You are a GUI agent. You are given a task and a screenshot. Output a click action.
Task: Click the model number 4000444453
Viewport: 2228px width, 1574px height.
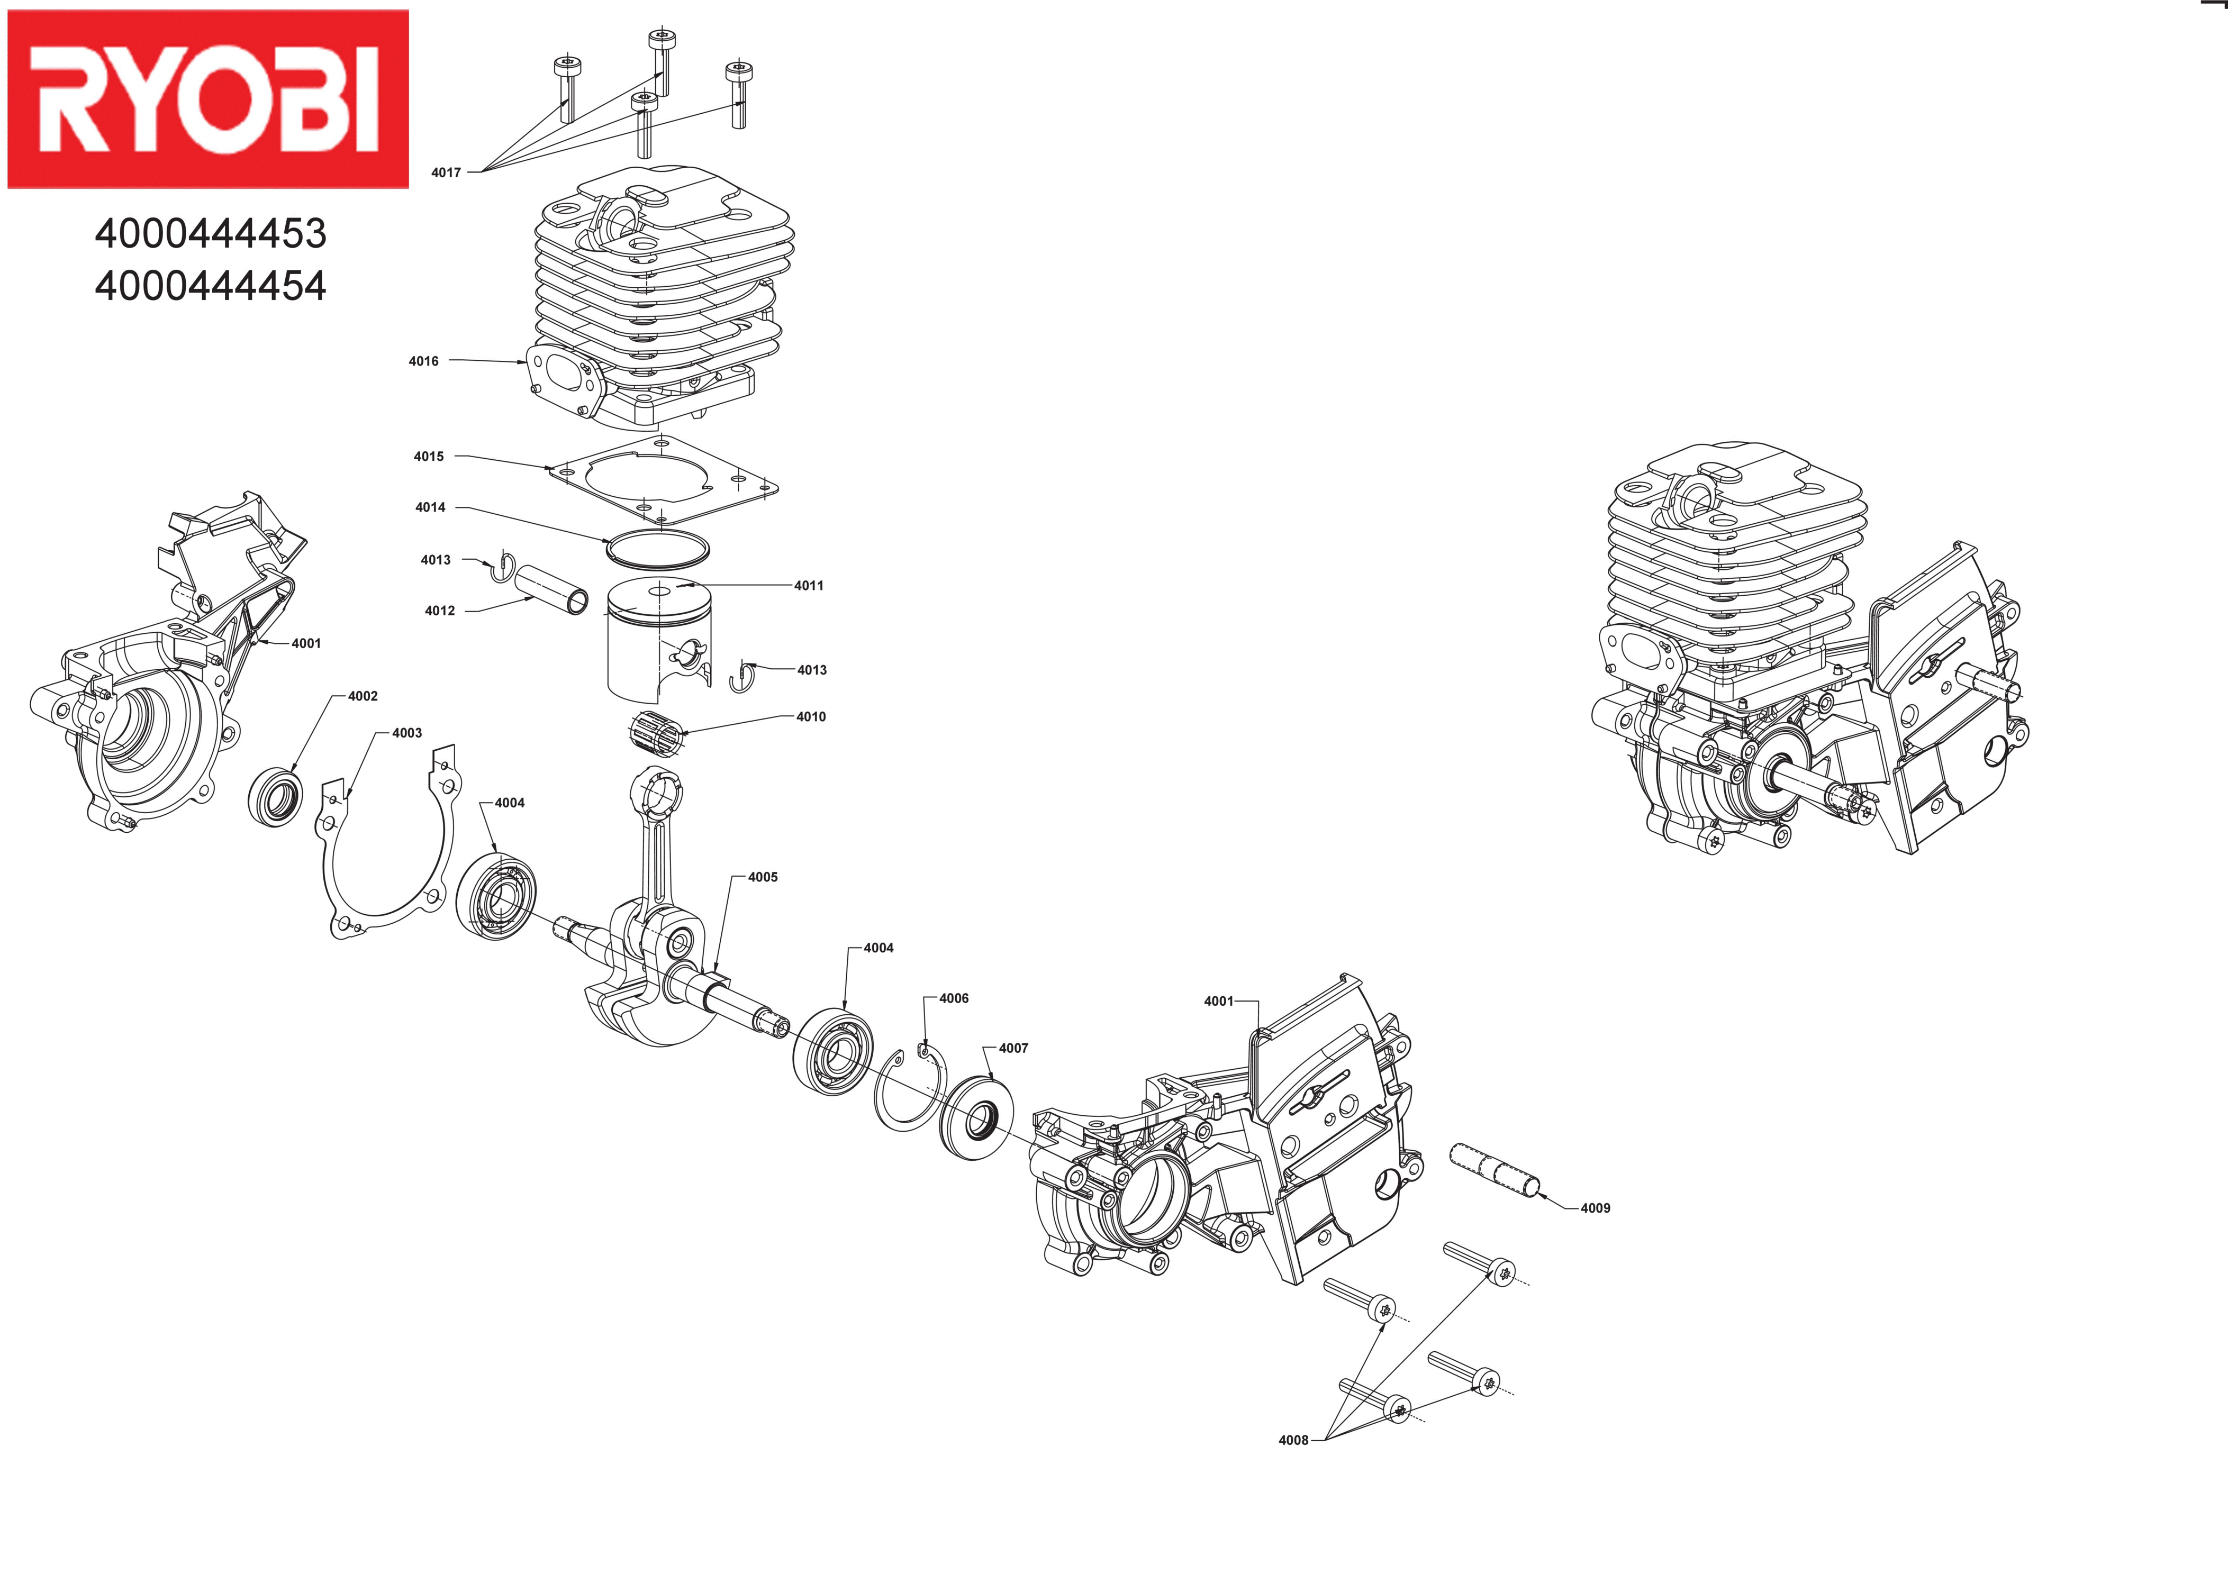pyautogui.click(x=211, y=234)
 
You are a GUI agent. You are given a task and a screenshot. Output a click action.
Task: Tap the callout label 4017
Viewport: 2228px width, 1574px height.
pyautogui.click(x=446, y=172)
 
